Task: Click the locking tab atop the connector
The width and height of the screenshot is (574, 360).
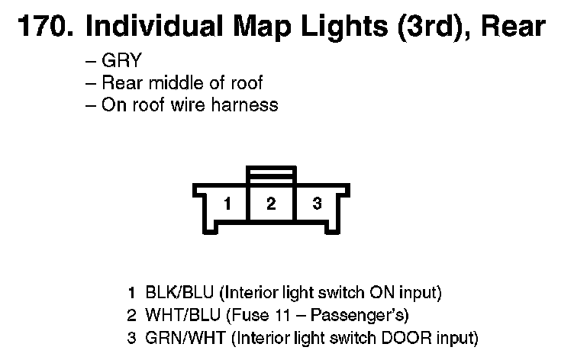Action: point(271,175)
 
